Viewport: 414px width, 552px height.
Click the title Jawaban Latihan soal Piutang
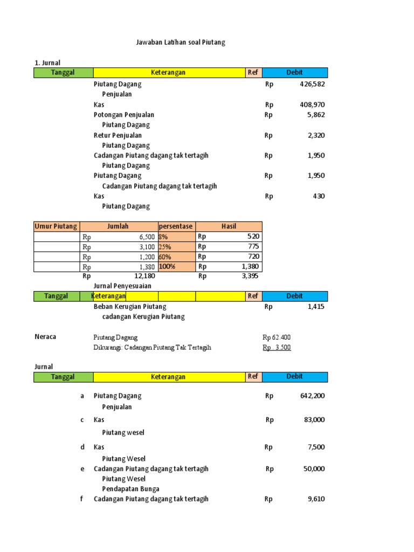(x=180, y=43)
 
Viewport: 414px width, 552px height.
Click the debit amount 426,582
(x=312, y=84)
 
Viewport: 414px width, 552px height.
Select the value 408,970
(x=312, y=105)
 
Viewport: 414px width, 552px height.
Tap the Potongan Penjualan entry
(x=123, y=115)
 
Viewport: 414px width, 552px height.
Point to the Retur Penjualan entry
(x=118, y=135)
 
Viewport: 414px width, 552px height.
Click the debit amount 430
(x=319, y=196)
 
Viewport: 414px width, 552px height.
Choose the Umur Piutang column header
(x=56, y=226)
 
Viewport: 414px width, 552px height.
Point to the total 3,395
(x=250, y=276)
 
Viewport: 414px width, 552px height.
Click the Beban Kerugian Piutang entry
(x=130, y=307)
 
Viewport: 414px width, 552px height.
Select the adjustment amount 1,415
(x=316, y=307)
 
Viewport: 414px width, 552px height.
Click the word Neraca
(x=45, y=337)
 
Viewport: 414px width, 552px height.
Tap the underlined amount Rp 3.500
(x=277, y=348)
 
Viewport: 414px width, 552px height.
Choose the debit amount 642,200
(x=312, y=396)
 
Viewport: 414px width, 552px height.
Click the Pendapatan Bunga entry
(x=130, y=489)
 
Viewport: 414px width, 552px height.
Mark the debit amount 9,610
(x=316, y=499)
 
